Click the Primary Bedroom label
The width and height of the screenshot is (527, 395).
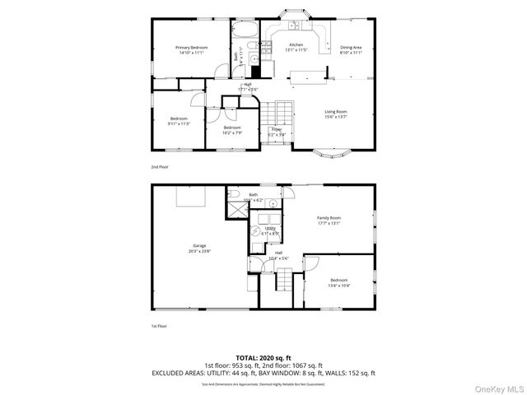[190, 49]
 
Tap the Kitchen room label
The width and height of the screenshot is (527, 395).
[295, 44]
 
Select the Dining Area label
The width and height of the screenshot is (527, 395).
[351, 49]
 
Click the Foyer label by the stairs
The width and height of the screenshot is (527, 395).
[277, 129]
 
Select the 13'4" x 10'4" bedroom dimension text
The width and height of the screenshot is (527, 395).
[339, 286]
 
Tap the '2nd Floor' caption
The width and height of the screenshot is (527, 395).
[160, 167]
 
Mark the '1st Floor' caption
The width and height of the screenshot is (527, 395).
[160, 327]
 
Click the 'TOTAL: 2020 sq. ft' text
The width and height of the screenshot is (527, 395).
[263, 356]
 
